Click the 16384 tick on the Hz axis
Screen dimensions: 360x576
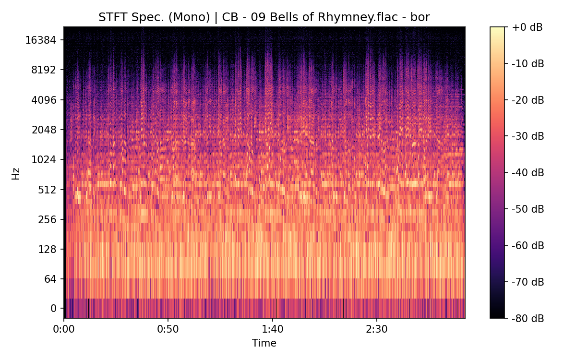point(41,40)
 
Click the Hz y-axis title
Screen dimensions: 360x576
point(16,173)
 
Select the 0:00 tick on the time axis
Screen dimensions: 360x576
point(64,330)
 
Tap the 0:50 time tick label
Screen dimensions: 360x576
point(168,330)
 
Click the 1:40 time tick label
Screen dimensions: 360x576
point(273,330)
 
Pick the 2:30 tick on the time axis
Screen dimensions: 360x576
point(377,330)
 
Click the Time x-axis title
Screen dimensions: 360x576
point(264,343)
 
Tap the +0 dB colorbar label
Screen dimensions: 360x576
point(527,27)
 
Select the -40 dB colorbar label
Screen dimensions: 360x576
point(528,173)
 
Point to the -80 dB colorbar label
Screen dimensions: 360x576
point(528,318)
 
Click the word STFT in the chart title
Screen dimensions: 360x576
point(111,18)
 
